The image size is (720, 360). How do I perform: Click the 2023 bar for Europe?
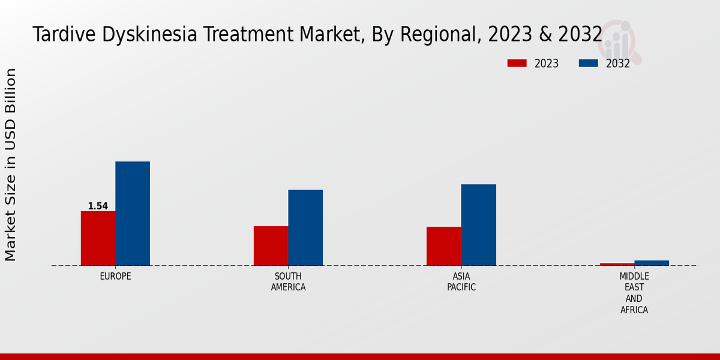[98, 238]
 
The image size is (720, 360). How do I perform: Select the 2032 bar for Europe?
[133, 214]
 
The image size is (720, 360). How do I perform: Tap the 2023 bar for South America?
[271, 246]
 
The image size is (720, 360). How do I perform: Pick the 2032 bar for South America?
[305, 227]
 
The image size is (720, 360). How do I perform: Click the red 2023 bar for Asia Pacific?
[444, 246]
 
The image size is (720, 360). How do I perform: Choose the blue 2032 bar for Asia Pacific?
[479, 225]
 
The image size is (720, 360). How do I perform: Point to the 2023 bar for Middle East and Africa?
[617, 264]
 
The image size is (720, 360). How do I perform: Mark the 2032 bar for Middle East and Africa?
[652, 263]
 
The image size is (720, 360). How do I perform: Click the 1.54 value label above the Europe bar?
[98, 206]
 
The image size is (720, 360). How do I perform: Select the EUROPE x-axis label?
[115, 277]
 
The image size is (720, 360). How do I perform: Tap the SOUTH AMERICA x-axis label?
[288, 282]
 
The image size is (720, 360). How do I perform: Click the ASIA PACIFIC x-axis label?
[461, 282]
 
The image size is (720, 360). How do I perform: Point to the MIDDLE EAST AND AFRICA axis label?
[634, 293]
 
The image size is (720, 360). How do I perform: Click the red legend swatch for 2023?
[517, 63]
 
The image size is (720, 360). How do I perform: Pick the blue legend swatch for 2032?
[588, 63]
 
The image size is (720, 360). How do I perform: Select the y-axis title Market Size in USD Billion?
[11, 164]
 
